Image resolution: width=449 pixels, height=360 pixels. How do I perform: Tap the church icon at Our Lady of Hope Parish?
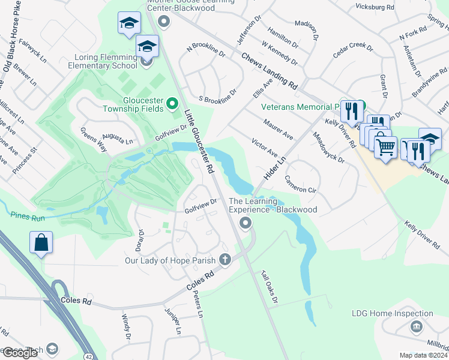coord(225,260)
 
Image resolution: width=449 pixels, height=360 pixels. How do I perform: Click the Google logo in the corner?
coord(19,353)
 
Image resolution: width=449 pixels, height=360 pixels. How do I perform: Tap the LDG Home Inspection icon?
coord(415,326)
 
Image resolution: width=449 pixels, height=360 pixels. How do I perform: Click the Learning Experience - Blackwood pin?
coord(245,224)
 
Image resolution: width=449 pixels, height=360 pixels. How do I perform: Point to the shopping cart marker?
coord(385,146)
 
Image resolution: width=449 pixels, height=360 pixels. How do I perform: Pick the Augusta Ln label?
coord(117,139)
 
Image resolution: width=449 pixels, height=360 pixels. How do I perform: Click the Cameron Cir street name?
coord(300,184)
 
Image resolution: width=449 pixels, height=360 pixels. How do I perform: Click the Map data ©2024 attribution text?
coord(423,355)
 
